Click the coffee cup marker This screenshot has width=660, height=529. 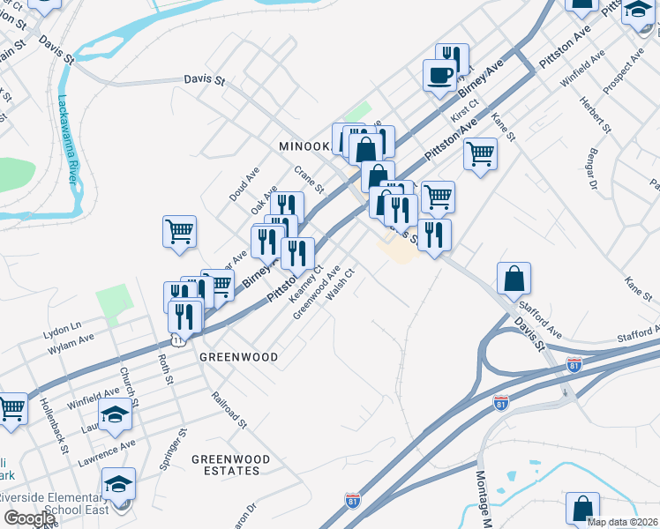pos(439,75)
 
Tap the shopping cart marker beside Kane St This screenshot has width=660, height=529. pos(480,154)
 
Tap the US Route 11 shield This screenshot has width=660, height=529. pos(178,339)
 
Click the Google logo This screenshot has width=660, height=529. pos(29,518)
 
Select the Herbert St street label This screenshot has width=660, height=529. pos(595,113)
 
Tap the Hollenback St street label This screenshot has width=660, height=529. pos(54,426)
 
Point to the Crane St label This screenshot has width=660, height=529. pos(310,181)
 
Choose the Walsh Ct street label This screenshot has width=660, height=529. pos(340,284)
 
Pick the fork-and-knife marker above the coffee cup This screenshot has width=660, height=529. pos(452,59)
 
